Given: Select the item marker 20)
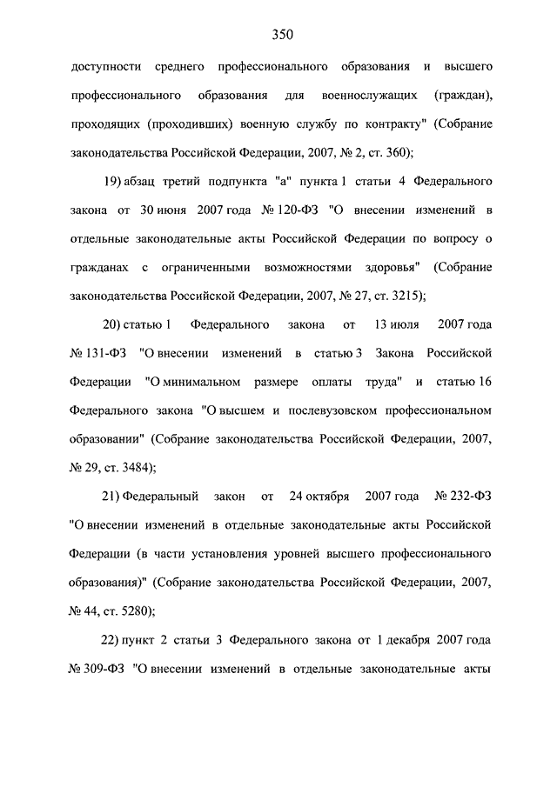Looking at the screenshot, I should pos(114,325).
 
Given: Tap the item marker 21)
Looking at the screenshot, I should pos(113,497).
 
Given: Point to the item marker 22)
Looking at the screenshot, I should pos(114,640).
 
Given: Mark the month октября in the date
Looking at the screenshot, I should pos(320,497).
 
